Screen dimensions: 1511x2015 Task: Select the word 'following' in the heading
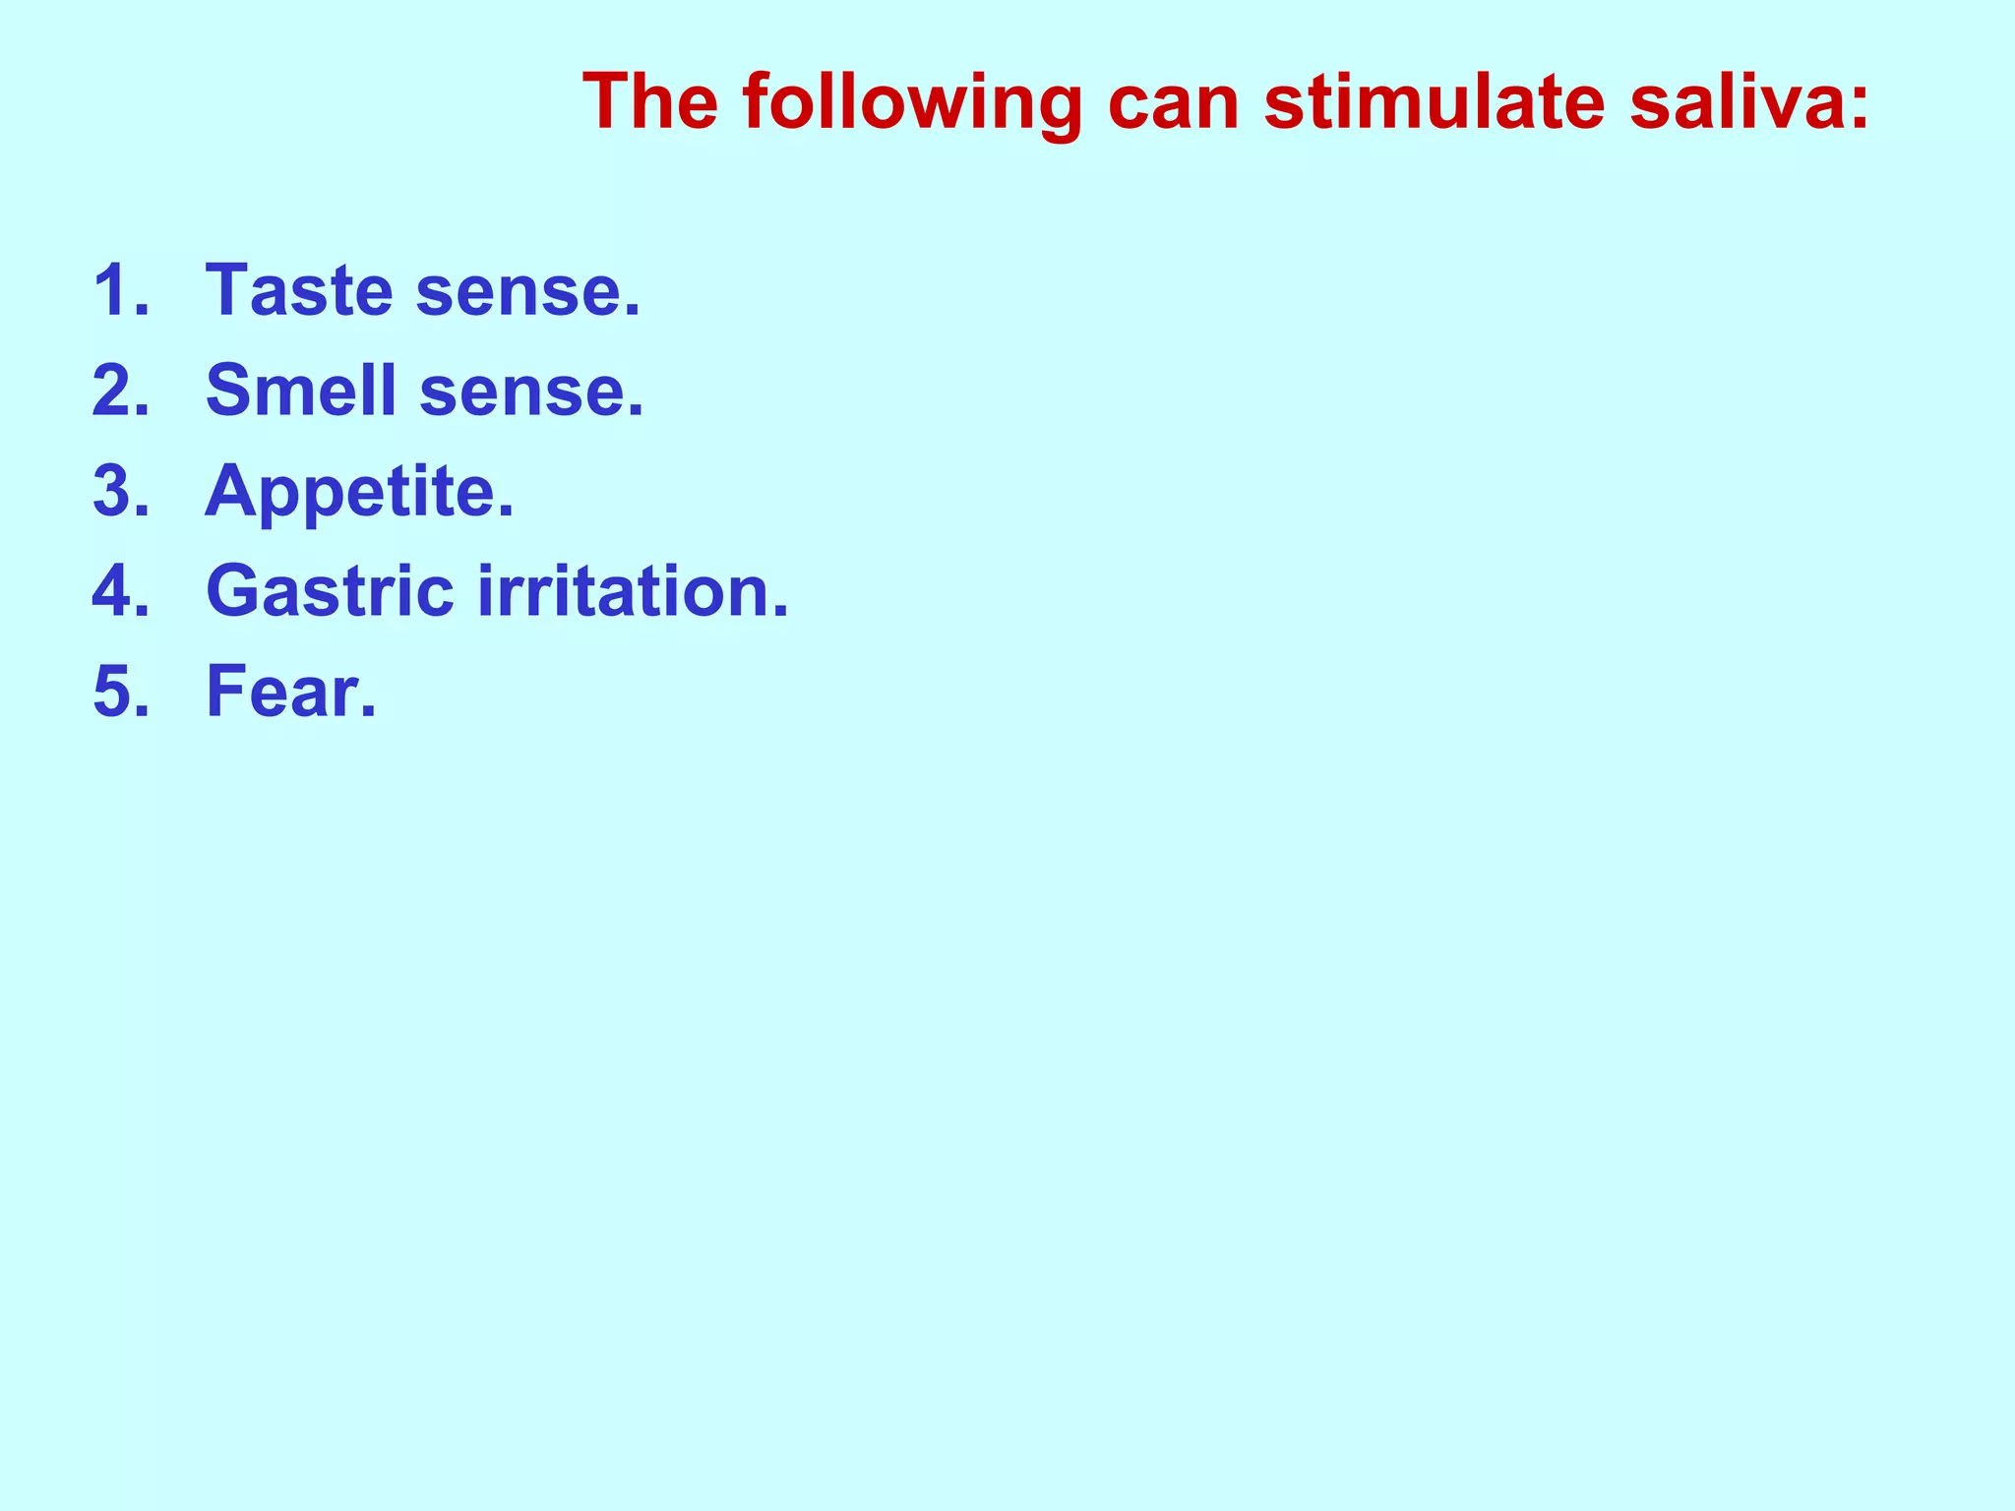pyautogui.click(x=912, y=103)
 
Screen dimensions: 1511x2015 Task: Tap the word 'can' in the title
pyautogui.click(x=1172, y=103)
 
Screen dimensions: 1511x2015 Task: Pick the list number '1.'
pyautogui.click(x=121, y=291)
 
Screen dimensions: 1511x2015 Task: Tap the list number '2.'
pyautogui.click(x=121, y=392)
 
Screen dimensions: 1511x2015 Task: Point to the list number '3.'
pyautogui.click(x=121, y=492)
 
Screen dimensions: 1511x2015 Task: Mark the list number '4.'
pyautogui.click(x=121, y=592)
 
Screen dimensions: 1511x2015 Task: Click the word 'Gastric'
pyautogui.click(x=331, y=592)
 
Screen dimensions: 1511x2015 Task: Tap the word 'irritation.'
pyautogui.click(x=634, y=592)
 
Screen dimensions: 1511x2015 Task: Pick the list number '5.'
pyautogui.click(x=121, y=693)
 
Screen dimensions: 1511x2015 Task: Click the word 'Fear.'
pyautogui.click(x=291, y=693)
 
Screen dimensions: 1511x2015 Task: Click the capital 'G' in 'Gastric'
pyautogui.click(x=232, y=592)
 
